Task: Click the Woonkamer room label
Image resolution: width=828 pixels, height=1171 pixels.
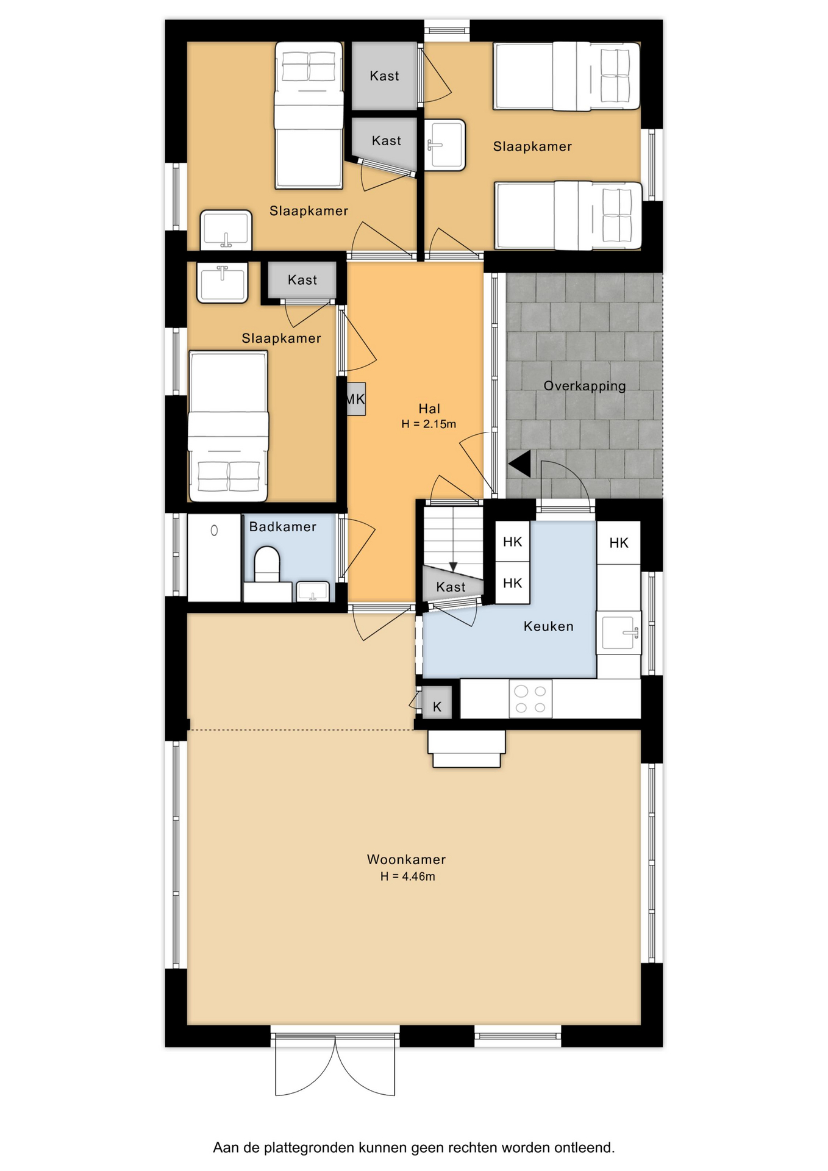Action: (406, 859)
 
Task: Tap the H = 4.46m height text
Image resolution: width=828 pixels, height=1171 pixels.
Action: (408, 876)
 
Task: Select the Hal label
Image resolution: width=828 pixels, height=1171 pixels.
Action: (429, 409)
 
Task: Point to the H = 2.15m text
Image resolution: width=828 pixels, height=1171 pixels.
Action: (429, 424)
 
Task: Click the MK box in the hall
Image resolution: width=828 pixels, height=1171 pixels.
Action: (355, 399)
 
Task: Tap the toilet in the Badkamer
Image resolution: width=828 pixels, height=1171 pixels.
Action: (266, 564)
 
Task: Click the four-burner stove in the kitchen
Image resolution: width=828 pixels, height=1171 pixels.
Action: (530, 699)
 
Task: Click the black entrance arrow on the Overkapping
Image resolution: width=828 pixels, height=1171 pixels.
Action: (520, 464)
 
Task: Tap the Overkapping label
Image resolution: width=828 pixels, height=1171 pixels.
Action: (585, 386)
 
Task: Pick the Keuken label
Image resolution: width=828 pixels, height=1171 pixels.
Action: (549, 626)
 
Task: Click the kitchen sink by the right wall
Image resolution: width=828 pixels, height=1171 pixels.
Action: (621, 632)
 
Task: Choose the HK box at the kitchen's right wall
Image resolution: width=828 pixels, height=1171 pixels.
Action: (619, 543)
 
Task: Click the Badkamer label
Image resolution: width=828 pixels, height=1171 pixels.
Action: (283, 527)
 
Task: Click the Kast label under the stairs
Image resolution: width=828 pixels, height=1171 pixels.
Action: (451, 587)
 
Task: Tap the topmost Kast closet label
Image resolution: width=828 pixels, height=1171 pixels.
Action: (384, 76)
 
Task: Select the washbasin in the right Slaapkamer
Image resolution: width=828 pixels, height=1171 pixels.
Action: (445, 145)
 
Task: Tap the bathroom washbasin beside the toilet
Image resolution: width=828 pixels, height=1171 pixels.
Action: (313, 592)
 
